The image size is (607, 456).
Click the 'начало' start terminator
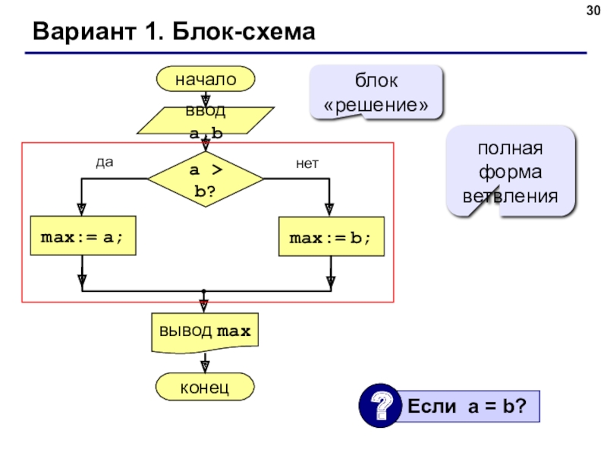pos(206,79)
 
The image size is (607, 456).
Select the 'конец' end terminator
pos(205,387)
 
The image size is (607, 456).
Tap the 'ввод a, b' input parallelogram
pos(206,121)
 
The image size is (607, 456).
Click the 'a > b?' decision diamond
pos(206,179)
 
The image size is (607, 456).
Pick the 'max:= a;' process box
pos(83,236)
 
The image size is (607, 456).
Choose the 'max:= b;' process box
pos(332,236)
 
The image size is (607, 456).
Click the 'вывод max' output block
pos(205,333)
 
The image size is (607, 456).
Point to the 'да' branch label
pos(105,162)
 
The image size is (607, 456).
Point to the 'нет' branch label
pos(307,163)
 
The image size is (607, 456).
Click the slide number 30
pos(593,11)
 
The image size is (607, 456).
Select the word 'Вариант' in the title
pos(84,31)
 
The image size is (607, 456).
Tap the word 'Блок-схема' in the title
pos(244,31)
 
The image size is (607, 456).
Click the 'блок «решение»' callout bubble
pos(376,92)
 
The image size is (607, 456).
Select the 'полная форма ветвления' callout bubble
pos(511,171)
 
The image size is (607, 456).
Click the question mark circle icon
pos(380,406)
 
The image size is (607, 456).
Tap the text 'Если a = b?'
pos(467,406)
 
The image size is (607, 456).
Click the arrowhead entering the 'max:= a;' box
pos(82,210)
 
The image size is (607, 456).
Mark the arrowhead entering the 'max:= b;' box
pos(329,211)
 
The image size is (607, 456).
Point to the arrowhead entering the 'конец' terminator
pos(205,367)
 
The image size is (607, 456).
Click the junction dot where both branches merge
pos(203,291)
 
